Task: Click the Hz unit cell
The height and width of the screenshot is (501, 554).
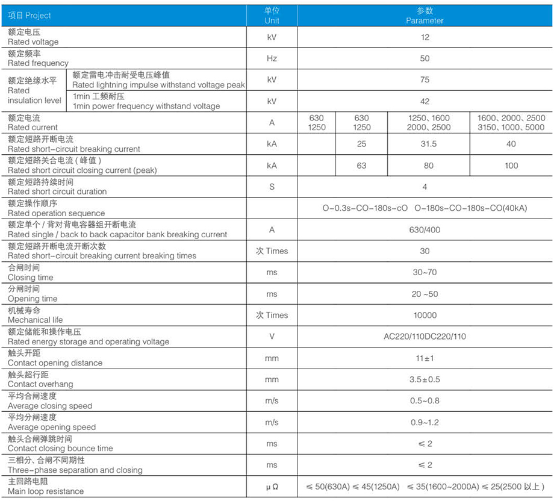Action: [272, 58]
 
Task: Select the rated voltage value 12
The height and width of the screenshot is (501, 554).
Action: [425, 37]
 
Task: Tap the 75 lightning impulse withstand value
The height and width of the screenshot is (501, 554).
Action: [425, 79]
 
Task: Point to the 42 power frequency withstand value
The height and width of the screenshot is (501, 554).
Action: [425, 101]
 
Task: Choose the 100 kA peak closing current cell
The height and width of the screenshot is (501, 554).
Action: [511, 166]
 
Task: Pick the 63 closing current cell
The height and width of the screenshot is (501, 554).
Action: [361, 166]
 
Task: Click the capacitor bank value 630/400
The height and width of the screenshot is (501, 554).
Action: [425, 229]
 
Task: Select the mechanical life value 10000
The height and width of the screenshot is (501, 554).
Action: [425, 315]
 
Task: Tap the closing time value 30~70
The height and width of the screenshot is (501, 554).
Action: [425, 272]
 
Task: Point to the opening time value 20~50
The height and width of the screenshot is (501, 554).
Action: [425, 294]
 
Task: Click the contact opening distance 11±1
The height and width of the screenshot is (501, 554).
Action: [425, 358]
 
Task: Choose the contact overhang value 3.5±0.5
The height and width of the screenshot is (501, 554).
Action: [425, 379]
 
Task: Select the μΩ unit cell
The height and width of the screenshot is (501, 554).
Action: [272, 486]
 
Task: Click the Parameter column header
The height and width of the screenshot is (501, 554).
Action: [425, 16]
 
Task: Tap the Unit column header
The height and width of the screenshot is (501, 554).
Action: [272, 16]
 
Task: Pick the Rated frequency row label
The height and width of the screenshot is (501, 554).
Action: [38, 58]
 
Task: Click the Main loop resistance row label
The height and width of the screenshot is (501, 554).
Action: [46, 487]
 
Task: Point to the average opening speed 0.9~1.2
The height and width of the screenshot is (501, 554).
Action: [425, 422]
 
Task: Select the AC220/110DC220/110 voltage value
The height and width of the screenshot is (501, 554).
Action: [425, 337]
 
